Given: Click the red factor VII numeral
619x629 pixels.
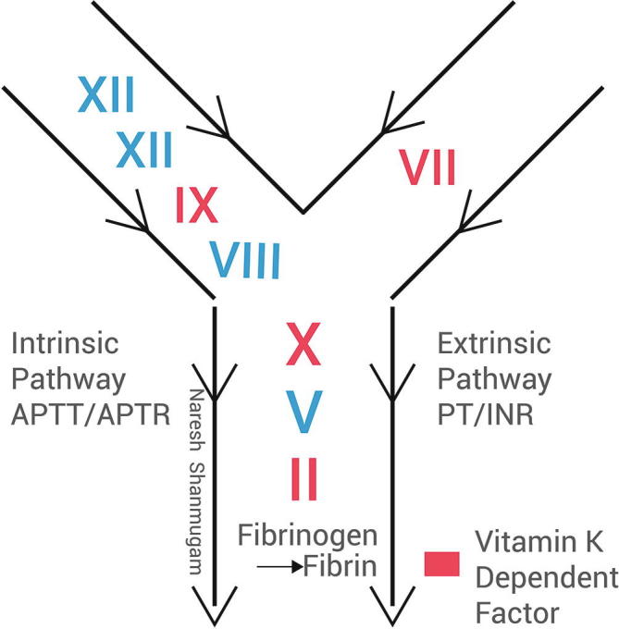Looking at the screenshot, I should (x=427, y=168).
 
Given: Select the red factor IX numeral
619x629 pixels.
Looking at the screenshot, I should (x=197, y=206).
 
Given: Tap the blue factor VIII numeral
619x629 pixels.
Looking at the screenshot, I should (x=243, y=260).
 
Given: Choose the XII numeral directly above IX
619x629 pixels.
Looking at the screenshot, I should (x=144, y=150).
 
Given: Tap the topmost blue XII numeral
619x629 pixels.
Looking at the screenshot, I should (x=105, y=95).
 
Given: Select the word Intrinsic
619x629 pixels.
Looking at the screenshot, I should (x=65, y=346).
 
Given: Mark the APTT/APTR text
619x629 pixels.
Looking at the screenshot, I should (x=91, y=413).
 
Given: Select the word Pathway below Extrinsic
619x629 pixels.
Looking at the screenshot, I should (x=494, y=379).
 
